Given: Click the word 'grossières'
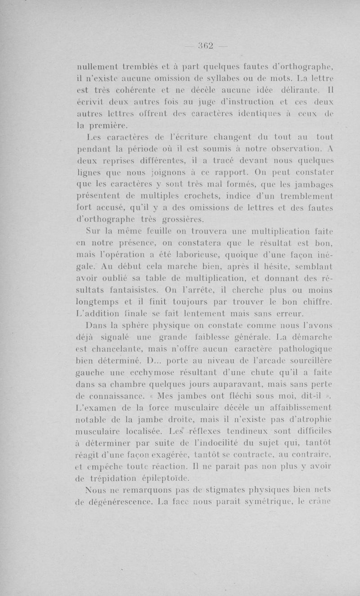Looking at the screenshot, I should (180, 220).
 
